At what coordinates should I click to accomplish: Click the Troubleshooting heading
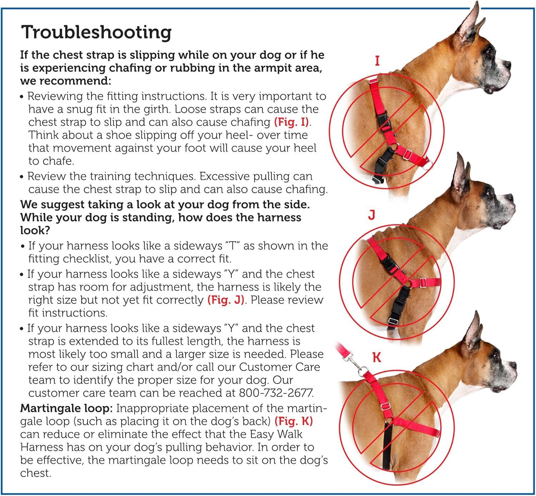tap(96, 33)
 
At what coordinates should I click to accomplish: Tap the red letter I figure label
tap(377, 61)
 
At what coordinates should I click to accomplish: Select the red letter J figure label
tap(372, 215)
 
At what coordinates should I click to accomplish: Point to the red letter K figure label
tap(377, 357)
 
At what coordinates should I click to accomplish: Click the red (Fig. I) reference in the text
tap(292, 122)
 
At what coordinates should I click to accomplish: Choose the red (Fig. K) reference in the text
tap(294, 421)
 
